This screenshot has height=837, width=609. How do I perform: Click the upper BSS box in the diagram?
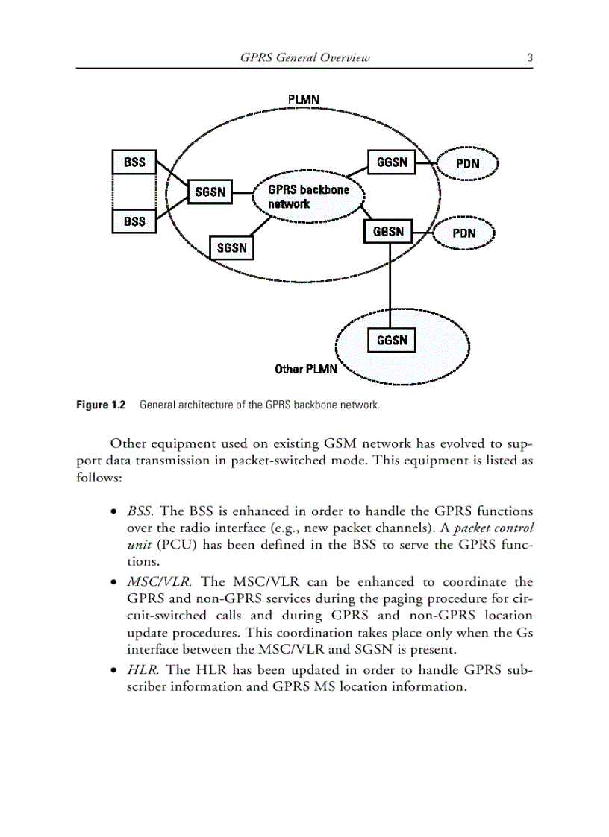click(x=134, y=162)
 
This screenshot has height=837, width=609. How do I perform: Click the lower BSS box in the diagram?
click(x=134, y=221)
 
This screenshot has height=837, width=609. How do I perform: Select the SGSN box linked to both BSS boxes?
click(x=210, y=192)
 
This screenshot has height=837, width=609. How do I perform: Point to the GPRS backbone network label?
click(x=307, y=196)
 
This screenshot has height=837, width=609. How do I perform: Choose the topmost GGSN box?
click(x=392, y=162)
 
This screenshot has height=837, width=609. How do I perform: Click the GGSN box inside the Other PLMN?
click(x=392, y=341)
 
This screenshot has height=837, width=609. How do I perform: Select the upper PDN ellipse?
click(x=467, y=164)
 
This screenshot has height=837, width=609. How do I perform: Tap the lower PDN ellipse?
click(x=463, y=233)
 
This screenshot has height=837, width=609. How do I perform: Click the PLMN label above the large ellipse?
click(x=304, y=99)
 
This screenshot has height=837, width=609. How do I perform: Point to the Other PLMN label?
click(x=306, y=369)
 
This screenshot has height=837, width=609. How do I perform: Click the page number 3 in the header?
click(x=529, y=57)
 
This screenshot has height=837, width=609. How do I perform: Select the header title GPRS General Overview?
click(x=305, y=57)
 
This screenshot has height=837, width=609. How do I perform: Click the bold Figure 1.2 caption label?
click(x=101, y=405)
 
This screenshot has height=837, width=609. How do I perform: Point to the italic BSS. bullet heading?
click(x=141, y=511)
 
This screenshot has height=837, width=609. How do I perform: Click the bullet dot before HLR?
click(x=113, y=670)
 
